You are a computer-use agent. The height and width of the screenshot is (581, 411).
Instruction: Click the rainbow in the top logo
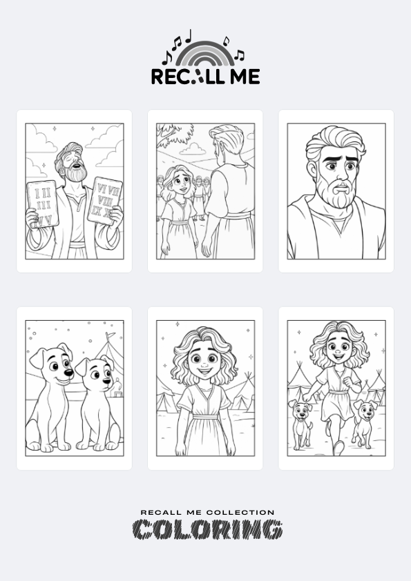205,46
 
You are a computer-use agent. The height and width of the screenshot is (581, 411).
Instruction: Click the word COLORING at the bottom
208,529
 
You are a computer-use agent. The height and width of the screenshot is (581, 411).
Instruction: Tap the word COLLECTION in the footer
240,513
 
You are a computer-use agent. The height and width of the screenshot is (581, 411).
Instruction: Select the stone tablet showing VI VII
105,201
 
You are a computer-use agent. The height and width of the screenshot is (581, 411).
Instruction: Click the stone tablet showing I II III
43,204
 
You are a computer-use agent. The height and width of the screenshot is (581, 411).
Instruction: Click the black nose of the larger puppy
68,372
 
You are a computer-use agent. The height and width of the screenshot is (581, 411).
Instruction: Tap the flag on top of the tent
110,336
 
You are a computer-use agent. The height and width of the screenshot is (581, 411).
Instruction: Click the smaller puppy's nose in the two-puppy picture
107,381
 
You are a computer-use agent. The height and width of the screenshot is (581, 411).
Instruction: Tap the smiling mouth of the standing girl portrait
204,371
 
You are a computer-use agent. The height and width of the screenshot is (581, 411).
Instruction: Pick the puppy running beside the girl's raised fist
364,424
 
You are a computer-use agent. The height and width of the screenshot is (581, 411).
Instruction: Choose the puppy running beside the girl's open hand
301,424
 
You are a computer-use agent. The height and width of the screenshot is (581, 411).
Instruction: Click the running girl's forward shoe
338,448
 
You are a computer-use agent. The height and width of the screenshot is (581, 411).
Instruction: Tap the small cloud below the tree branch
192,149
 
